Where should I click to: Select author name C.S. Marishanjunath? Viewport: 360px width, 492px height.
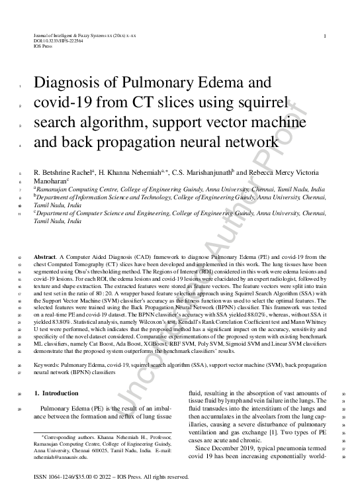pyautogui.click(x=198, y=172)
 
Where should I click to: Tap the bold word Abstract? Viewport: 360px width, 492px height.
pyautogui.click(x=45, y=255)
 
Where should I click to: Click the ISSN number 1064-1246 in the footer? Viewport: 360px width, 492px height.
pyautogui.click(x=61, y=477)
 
